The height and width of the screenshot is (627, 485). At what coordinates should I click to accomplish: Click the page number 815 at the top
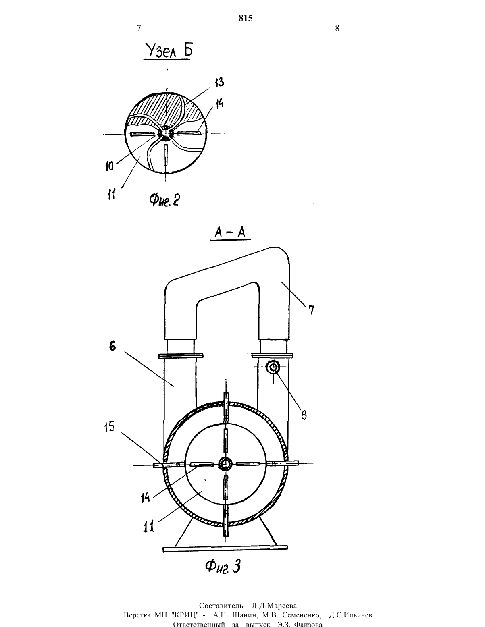(246, 18)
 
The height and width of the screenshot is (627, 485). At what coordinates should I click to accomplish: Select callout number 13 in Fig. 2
(219, 82)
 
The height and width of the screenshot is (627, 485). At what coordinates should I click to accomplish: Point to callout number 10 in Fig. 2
(110, 166)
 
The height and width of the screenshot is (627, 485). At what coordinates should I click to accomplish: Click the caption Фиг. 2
(164, 200)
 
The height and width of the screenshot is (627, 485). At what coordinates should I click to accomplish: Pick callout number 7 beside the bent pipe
(311, 310)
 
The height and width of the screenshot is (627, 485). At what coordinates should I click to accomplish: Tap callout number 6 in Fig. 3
(112, 346)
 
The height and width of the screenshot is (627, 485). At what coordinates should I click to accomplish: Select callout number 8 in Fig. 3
(304, 415)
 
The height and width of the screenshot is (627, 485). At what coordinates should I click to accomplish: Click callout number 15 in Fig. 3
(109, 427)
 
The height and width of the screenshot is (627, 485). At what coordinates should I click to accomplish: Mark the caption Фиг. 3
(223, 566)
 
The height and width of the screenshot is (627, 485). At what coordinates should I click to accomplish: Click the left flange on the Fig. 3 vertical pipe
(181, 356)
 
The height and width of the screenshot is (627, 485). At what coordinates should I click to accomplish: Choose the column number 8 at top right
(337, 28)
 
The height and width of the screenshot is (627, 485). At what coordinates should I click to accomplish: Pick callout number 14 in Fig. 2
(219, 103)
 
